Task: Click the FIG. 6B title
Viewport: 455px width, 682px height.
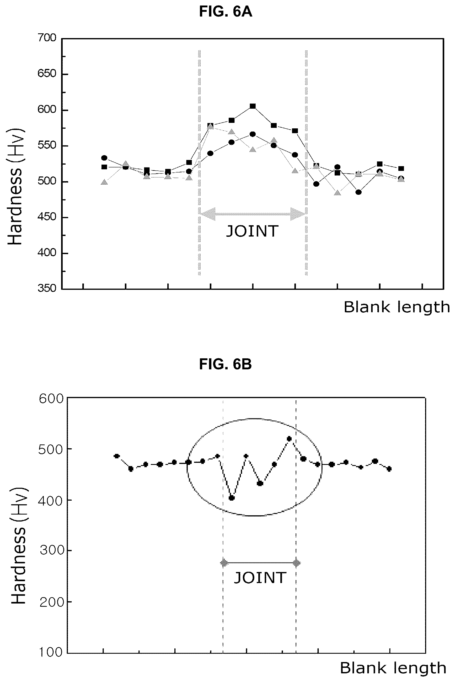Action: [226, 364]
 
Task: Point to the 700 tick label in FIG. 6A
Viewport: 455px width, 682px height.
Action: [47, 38]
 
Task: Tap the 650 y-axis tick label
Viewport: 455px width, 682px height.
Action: [47, 74]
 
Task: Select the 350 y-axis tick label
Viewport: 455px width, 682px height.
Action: [47, 288]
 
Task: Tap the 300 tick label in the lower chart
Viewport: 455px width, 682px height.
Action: [52, 550]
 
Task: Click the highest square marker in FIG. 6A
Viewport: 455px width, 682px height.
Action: [253, 106]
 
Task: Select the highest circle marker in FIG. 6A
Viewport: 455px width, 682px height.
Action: [253, 134]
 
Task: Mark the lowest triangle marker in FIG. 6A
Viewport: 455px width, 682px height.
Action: [337, 193]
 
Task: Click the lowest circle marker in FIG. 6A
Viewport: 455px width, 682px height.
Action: [358, 192]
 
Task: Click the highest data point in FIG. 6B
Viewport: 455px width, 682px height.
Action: [289, 439]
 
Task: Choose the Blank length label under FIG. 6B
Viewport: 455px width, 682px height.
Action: [393, 668]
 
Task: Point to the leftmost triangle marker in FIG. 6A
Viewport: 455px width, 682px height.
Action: [104, 182]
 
